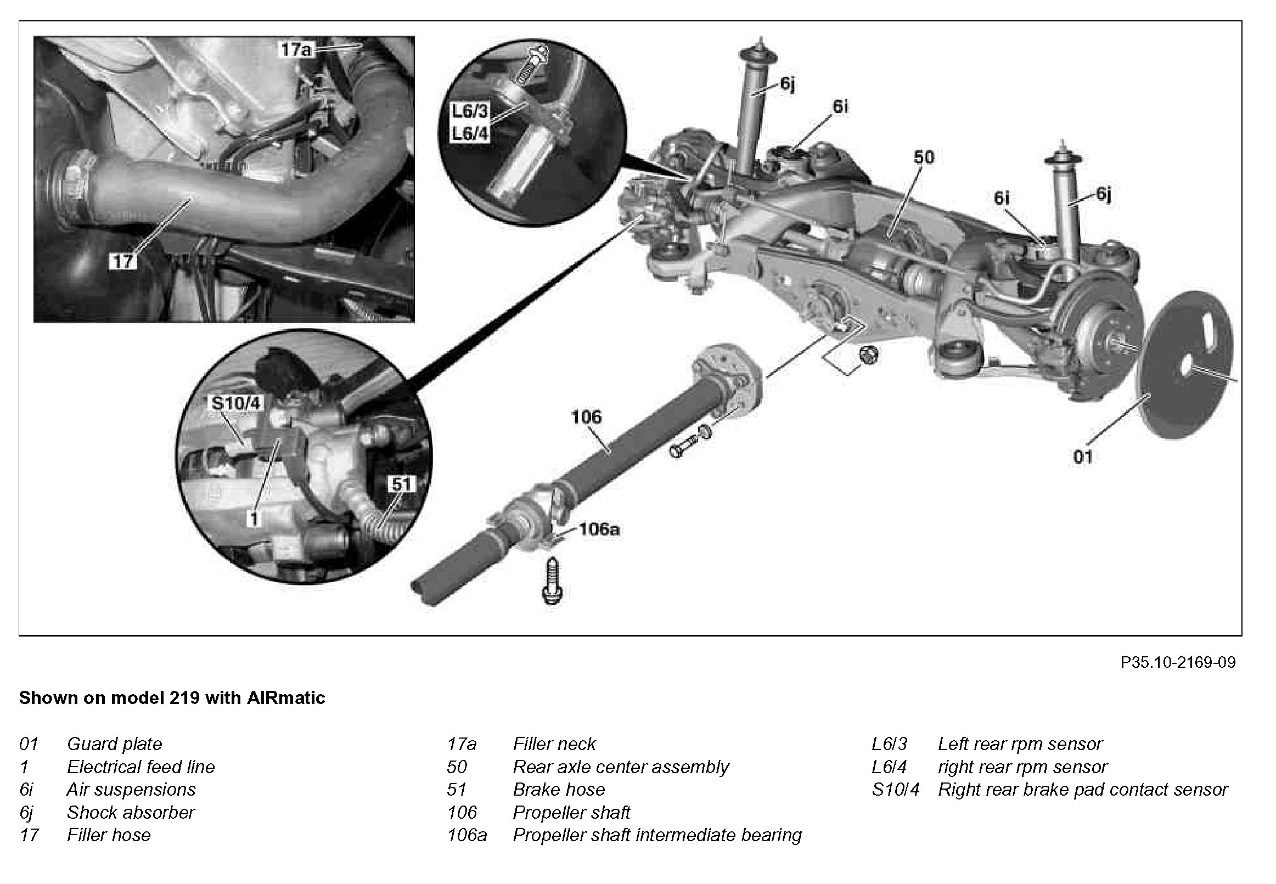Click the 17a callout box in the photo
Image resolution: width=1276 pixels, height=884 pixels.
pyautogui.click(x=296, y=49)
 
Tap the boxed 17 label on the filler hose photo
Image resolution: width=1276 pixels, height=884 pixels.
pyautogui.click(x=122, y=260)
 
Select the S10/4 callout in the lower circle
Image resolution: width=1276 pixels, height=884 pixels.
pyautogui.click(x=235, y=403)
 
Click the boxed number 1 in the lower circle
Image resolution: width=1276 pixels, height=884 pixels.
pyautogui.click(x=254, y=518)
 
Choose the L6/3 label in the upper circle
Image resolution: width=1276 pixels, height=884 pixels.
pyautogui.click(x=470, y=111)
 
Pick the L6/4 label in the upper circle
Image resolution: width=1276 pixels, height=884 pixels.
pyautogui.click(x=470, y=133)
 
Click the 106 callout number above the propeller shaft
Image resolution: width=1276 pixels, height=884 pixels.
pyautogui.click(x=586, y=416)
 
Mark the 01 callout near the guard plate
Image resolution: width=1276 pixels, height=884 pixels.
pyautogui.click(x=1083, y=457)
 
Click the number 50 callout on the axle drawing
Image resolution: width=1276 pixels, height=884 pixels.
pyautogui.click(x=923, y=157)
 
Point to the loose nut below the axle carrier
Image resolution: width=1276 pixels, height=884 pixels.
pyautogui.click(x=868, y=354)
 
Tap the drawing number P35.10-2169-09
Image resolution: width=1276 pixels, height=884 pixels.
pyautogui.click(x=1177, y=662)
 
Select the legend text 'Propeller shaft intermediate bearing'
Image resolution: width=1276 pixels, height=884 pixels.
pyautogui.click(x=657, y=835)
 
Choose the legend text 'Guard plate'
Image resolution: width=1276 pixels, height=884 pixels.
pyautogui.click(x=115, y=744)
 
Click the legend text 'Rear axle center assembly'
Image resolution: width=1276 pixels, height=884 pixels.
pyautogui.click(x=620, y=767)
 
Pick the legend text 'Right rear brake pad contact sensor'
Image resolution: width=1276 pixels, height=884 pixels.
pyautogui.click(x=1083, y=789)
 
